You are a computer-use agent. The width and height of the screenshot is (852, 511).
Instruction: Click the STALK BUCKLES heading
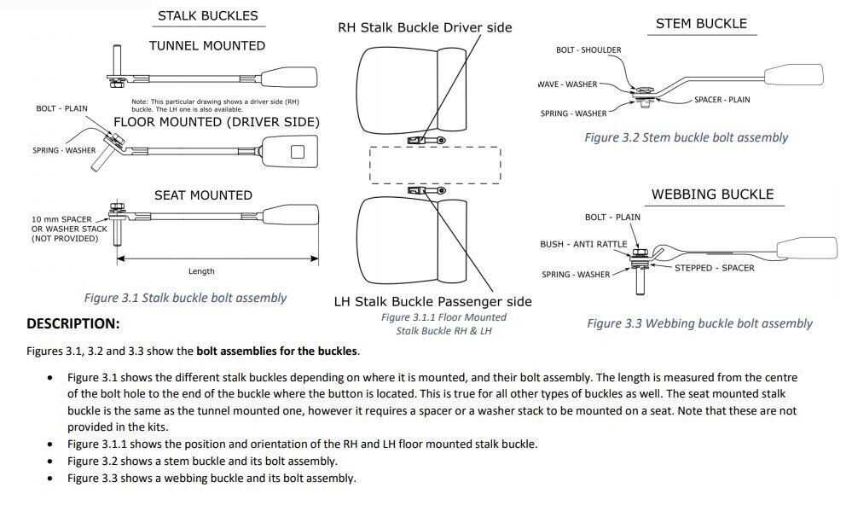207,15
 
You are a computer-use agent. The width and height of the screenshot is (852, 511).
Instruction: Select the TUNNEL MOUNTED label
207,46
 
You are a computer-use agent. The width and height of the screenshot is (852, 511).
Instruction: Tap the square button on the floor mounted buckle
297,152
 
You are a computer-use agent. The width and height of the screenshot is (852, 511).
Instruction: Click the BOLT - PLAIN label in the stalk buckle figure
61,108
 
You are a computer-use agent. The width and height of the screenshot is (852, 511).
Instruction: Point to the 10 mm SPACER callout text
61,219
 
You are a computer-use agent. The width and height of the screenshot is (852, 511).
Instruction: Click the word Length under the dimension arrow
201,271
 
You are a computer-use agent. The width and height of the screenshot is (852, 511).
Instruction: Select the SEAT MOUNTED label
203,195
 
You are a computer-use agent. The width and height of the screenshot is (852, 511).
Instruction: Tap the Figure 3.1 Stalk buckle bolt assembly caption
185,298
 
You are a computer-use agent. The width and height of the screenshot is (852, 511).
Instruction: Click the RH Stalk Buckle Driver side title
425,27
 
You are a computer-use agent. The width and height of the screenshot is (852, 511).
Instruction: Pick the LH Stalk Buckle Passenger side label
432,301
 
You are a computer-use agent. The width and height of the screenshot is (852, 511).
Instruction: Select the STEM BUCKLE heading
701,24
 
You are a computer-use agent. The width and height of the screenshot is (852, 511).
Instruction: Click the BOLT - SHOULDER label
588,49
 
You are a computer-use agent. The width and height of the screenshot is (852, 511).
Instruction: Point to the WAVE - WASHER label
567,84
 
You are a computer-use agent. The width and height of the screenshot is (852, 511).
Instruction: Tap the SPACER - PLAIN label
722,100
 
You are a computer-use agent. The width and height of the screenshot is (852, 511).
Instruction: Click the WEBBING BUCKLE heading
712,195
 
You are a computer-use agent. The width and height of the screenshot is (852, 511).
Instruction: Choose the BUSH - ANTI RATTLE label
583,244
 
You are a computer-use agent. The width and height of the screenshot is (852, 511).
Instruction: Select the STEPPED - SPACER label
714,268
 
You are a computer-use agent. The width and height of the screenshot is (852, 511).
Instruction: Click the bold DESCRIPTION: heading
73,323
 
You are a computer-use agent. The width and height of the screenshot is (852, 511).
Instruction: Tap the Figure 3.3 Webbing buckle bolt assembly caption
699,323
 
